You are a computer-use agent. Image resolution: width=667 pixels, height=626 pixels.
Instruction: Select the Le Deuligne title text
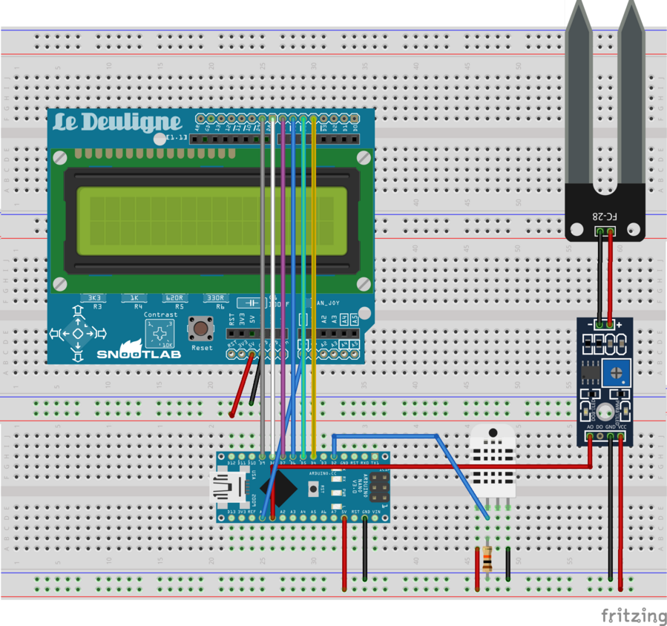[x=117, y=122]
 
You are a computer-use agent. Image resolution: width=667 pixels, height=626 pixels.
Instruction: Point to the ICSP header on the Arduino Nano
[x=378, y=487]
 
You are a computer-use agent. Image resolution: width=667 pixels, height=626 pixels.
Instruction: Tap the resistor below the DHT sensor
[x=487, y=559]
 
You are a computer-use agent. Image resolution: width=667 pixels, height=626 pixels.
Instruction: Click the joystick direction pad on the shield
[x=77, y=335]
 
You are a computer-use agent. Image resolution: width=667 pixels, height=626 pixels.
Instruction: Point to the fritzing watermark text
[x=633, y=616]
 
